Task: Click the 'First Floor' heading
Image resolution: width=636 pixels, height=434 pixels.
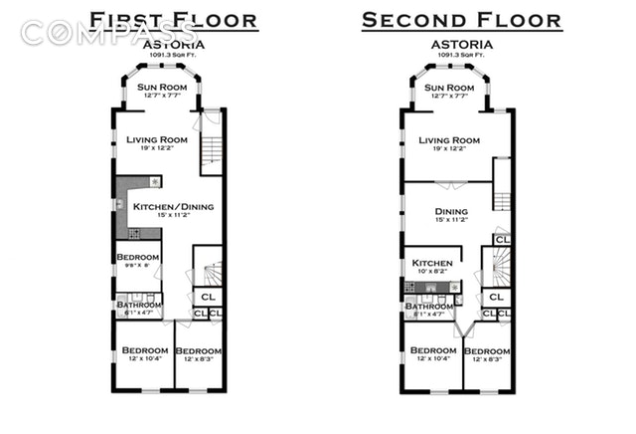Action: tap(174, 20)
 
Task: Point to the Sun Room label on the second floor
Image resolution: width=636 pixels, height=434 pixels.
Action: tap(448, 88)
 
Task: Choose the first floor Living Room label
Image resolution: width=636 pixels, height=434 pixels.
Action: tap(157, 139)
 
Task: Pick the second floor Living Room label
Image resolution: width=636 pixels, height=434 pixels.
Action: tap(449, 140)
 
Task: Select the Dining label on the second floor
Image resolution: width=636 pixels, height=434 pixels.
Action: tap(450, 211)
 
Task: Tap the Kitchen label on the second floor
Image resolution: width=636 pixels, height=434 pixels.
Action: tap(432, 263)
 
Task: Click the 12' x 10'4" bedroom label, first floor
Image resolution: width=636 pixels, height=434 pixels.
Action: tap(145, 351)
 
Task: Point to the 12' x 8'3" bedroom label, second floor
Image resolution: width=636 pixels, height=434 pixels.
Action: tap(487, 352)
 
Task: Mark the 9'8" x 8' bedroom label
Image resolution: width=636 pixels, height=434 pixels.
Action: tap(136, 258)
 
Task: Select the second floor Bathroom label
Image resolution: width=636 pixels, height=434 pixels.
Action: tap(428, 307)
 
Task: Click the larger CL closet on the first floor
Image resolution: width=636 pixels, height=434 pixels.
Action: tap(208, 297)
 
